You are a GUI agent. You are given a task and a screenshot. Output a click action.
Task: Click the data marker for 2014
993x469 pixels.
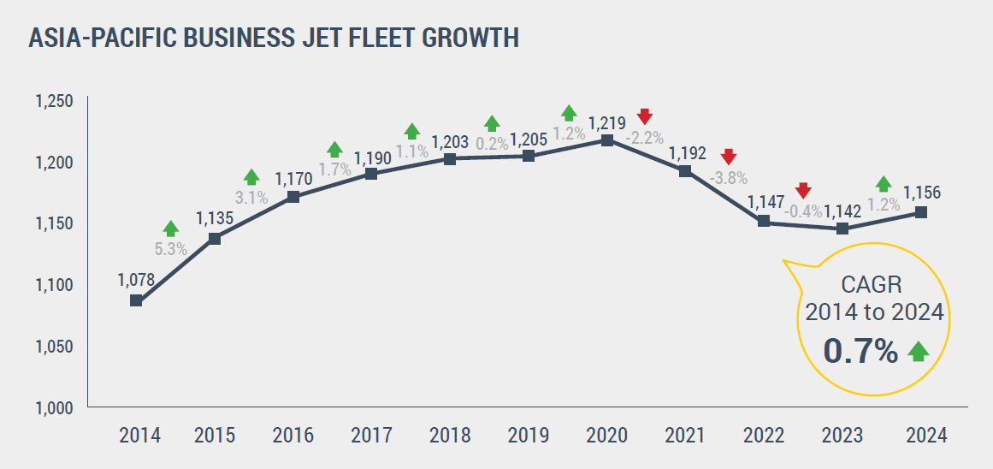[x=136, y=300]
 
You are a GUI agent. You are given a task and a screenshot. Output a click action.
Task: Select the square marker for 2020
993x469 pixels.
[x=607, y=140]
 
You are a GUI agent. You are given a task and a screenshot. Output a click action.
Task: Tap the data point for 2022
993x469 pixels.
[x=764, y=222]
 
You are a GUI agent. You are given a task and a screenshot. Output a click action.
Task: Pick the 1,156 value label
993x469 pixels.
[x=922, y=193]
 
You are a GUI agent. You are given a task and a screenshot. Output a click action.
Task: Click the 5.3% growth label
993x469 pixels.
[x=171, y=251]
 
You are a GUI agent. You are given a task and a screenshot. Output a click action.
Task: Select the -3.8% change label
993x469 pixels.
[x=729, y=178]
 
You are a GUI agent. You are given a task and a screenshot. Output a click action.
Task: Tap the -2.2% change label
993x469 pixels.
[x=645, y=137]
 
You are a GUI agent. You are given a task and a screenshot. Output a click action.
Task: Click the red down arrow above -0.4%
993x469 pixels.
[x=802, y=190]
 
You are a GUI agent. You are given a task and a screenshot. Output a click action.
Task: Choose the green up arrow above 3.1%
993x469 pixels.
[x=251, y=177]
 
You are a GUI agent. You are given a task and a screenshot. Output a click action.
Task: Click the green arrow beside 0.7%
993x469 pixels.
[x=919, y=351]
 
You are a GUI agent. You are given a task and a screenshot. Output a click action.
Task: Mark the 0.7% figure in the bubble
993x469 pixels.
[x=860, y=351]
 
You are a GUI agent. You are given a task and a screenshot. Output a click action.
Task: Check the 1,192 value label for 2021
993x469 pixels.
[x=688, y=153]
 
